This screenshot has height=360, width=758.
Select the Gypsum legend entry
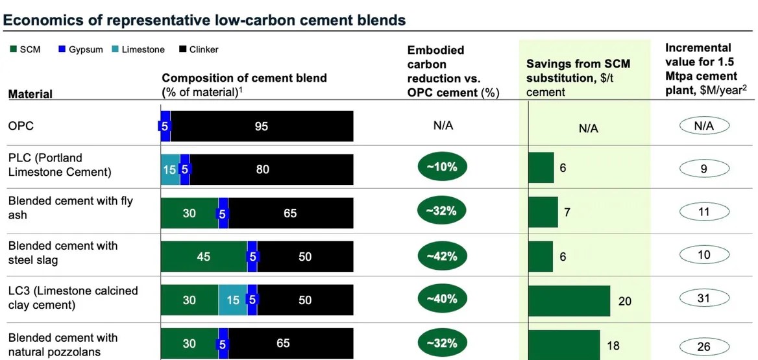tap(80, 50)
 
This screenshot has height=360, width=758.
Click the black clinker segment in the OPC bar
tap(262, 126)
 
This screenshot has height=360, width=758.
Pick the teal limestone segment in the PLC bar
tap(170, 170)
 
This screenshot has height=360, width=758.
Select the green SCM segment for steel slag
tap(204, 256)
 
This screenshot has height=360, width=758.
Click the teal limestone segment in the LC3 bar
tap(232, 300)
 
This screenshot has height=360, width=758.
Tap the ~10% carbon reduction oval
tap(442, 167)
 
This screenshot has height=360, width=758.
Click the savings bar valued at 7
tap(543, 212)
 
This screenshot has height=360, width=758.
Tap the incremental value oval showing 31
tap(703, 298)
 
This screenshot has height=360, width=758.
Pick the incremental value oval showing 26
tap(703, 347)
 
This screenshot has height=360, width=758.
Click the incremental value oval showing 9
tap(703, 170)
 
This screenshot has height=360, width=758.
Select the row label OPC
tap(21, 126)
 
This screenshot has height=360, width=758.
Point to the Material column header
tap(31, 94)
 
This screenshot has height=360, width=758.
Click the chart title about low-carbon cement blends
tap(204, 20)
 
